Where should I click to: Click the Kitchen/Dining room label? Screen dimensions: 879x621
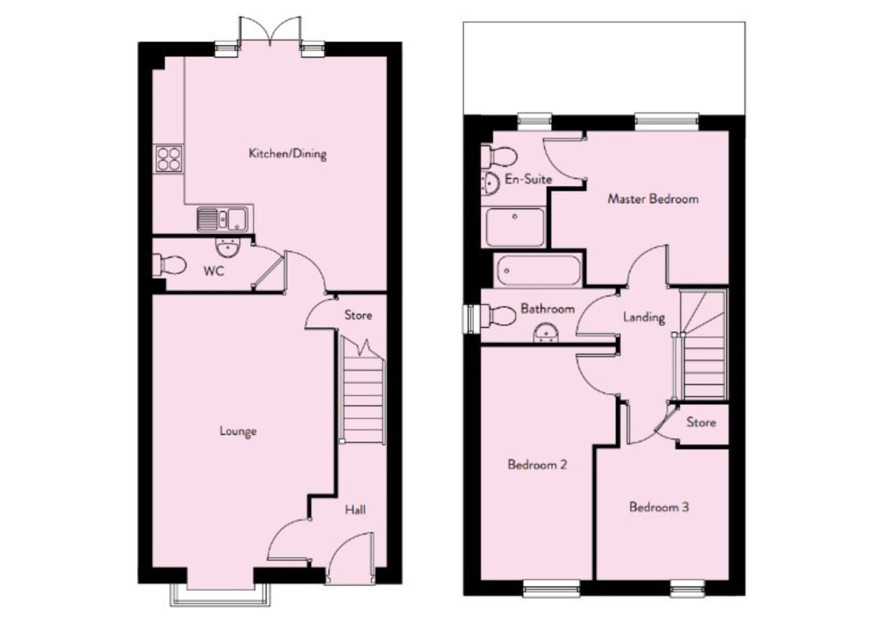tap(288, 154)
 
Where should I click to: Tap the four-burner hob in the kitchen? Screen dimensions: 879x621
tap(169, 159)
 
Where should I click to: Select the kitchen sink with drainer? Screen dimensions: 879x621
tap(222, 219)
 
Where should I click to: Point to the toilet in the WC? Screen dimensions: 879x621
tap(169, 265)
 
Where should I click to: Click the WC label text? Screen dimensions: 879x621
tap(214, 271)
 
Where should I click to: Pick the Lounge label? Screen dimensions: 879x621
tap(238, 431)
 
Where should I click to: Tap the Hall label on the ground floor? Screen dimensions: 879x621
tap(355, 509)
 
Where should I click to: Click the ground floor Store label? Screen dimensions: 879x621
tap(358, 315)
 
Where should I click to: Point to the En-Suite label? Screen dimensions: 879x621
tap(528, 179)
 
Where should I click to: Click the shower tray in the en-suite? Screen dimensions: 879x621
tap(515, 226)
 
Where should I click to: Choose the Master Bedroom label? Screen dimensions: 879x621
tap(653, 199)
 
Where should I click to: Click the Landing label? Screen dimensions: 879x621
tap(644, 317)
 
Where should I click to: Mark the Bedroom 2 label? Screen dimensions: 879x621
tap(537, 464)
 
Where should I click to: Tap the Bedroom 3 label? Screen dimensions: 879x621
tap(659, 507)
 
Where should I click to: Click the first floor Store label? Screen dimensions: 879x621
tap(701, 422)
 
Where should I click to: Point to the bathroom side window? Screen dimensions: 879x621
tap(470, 319)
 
